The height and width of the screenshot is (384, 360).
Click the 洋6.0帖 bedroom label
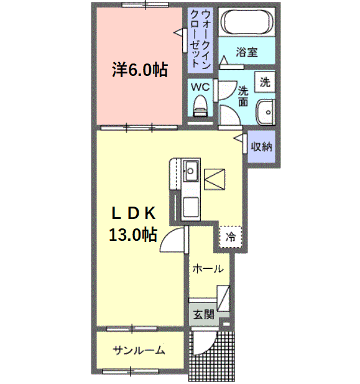pos(139,69)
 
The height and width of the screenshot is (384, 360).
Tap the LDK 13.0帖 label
pos(133,224)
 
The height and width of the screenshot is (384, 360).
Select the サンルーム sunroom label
pos(139,350)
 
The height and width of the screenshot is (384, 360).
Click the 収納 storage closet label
pos(261,148)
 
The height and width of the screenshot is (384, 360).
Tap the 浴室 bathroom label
pos(247,52)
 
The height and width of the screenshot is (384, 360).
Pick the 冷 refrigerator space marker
pos(231,236)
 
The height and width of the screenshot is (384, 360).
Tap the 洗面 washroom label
pos(244,95)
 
